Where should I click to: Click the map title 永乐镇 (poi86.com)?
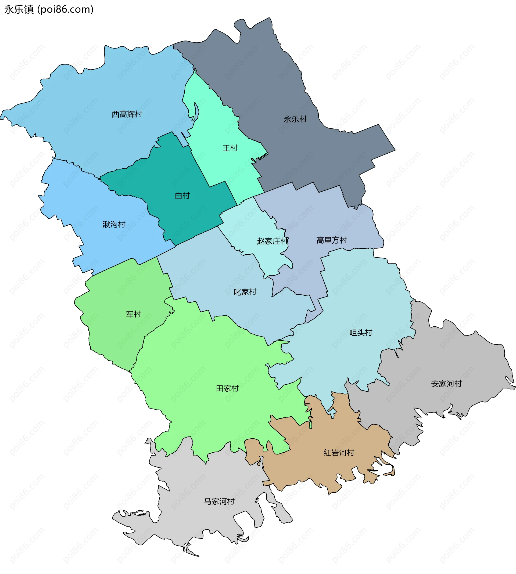coord(49,10)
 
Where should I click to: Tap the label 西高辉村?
coord(127,114)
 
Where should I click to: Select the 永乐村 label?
coord(295,119)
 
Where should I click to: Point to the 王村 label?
coord(230,148)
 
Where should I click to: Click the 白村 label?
coord(182,196)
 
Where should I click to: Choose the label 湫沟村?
coord(114,224)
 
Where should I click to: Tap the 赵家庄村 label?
coord(272,241)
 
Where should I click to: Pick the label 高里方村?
coord(331,240)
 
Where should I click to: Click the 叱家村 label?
coord(245,292)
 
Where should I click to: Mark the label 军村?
coord(133,314)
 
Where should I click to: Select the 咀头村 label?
coord(361,333)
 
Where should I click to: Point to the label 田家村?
coord(227,388)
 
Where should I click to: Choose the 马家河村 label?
coord(219,501)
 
